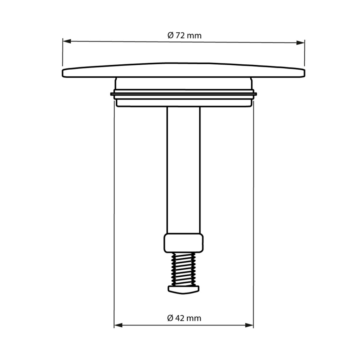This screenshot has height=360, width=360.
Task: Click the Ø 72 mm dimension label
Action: (x=184, y=36)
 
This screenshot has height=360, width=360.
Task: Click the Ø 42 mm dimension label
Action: (x=184, y=318)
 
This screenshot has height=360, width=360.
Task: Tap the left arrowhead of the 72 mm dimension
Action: (x=67, y=41)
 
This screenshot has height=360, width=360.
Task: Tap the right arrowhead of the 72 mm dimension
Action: (x=300, y=43)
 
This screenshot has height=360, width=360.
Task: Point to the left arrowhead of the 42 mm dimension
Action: (x=118, y=325)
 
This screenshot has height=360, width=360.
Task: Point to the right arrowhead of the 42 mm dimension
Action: (x=249, y=325)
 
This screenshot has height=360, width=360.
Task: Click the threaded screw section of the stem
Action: (x=184, y=269)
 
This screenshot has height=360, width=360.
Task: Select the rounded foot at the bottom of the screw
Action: (x=184, y=289)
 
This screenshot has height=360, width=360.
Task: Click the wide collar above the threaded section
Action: (x=184, y=243)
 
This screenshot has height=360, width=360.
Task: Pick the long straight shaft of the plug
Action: (x=184, y=170)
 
